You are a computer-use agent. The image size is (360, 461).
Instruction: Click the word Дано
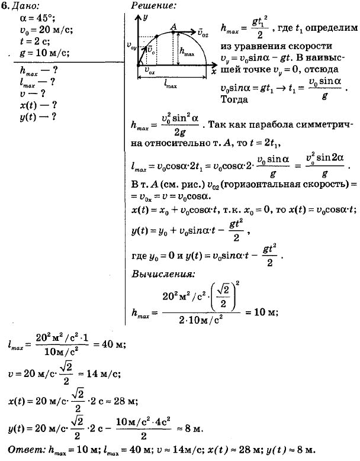pyautogui.click(x=24, y=7)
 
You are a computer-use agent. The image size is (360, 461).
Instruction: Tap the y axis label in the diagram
pyautogui.click(x=144, y=18)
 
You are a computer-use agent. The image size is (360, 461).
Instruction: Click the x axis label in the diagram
pyautogui.click(x=213, y=70)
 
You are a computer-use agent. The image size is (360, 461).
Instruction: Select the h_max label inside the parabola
pyautogui.click(x=188, y=51)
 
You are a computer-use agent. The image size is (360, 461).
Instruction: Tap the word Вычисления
pyautogui.click(x=161, y=275)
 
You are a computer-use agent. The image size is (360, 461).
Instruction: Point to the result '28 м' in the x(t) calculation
pyautogui.click(x=125, y=401)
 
